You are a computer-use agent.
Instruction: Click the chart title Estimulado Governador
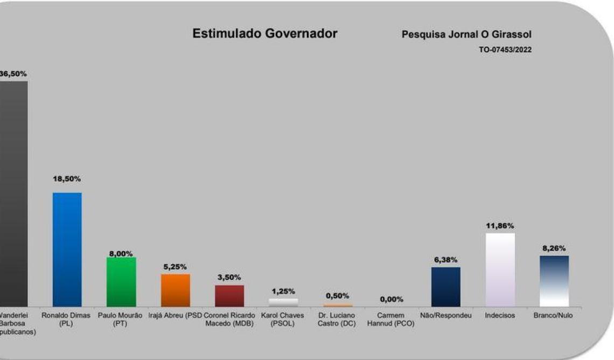pos(265,33)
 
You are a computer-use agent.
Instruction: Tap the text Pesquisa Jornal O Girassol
pos(466,34)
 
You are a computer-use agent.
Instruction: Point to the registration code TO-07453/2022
pos(505,50)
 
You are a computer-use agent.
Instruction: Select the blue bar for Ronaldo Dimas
pos(67,249)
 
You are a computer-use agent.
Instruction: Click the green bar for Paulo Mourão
pos(121,282)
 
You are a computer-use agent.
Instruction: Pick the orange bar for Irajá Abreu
pos(176,290)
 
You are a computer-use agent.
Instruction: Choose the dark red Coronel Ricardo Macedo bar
pos(229,296)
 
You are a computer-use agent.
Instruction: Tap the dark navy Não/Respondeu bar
pos(446,287)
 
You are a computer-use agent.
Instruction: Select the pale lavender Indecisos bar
pos(500,269)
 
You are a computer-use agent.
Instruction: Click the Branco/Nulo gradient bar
pos(554,281)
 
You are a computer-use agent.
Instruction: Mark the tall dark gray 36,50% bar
pos(13,194)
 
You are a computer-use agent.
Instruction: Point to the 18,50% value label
pos(67,179)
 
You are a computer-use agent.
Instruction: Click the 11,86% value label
pos(500,225)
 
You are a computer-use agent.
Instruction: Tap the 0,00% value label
pos(392,299)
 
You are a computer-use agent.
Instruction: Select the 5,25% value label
pos(175,267)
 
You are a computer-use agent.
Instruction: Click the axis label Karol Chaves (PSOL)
pos(283,319)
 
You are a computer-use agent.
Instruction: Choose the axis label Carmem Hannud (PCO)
pos(392,319)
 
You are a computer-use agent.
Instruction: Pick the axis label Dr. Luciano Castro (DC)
pos(337,319)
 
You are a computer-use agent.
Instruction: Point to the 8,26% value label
pos(554,248)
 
